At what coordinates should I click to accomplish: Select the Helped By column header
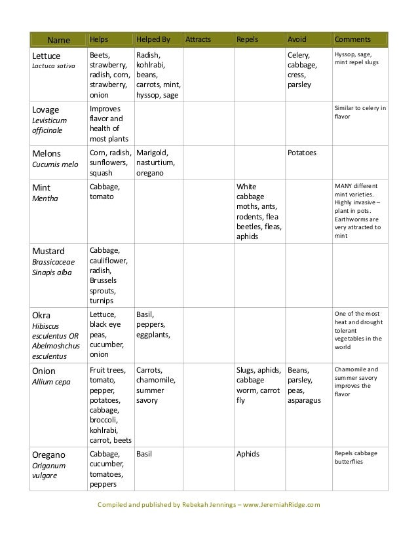pos(153,40)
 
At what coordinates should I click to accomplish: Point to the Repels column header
pos(247,40)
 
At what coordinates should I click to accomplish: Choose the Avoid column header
pos(297,40)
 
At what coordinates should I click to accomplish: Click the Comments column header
pos(352,40)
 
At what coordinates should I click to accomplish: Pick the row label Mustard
pos(49,250)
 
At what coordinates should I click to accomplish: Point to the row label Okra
pos(43,314)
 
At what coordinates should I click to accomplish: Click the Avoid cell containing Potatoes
pos(302,153)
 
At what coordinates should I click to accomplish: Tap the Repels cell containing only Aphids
pos(248,454)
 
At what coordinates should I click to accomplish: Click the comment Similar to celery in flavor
pos(360,113)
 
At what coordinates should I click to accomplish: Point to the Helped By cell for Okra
pos(151,325)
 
